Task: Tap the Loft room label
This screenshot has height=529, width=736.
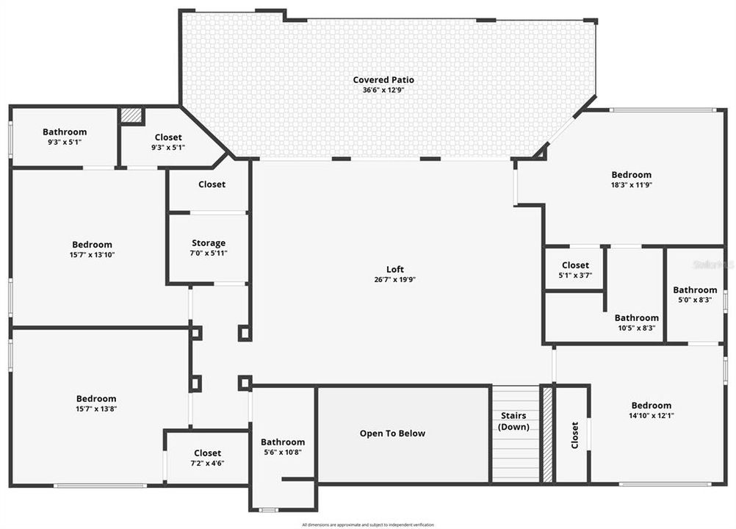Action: pyautogui.click(x=395, y=269)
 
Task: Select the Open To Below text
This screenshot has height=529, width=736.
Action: pyautogui.click(x=392, y=433)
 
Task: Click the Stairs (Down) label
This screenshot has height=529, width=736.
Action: pyautogui.click(x=513, y=421)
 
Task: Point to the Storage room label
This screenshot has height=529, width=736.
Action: pyautogui.click(x=209, y=243)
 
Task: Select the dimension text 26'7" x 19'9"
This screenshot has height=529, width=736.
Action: pyautogui.click(x=395, y=279)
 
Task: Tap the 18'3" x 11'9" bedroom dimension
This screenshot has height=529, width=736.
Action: pyautogui.click(x=631, y=185)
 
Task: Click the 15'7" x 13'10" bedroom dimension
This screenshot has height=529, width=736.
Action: pyautogui.click(x=92, y=255)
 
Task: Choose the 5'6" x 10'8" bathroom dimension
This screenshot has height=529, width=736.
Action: pyautogui.click(x=283, y=453)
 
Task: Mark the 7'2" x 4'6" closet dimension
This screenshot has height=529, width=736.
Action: pyautogui.click(x=207, y=464)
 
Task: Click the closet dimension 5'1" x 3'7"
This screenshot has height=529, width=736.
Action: pyautogui.click(x=575, y=276)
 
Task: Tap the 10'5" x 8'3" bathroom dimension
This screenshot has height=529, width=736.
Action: pyautogui.click(x=637, y=328)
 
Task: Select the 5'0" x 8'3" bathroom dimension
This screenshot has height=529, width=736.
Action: pyautogui.click(x=695, y=300)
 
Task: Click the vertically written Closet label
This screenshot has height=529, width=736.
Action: pyautogui.click(x=574, y=434)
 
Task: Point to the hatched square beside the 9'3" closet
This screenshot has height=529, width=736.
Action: pyautogui.click(x=131, y=115)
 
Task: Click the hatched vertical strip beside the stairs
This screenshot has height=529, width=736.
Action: pyautogui.click(x=546, y=433)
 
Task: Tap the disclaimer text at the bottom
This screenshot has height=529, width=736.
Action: pyautogui.click(x=367, y=525)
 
